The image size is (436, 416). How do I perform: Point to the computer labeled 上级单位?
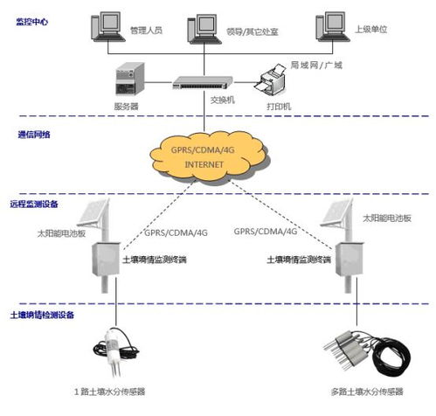(332, 27)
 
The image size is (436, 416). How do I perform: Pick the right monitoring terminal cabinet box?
(349, 260)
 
